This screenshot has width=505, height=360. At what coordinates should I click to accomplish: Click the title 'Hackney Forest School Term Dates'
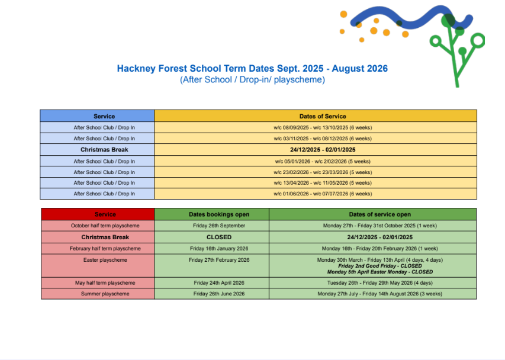(x=252, y=69)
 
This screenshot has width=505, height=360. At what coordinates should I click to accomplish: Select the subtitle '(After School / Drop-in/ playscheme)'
(x=252, y=79)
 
